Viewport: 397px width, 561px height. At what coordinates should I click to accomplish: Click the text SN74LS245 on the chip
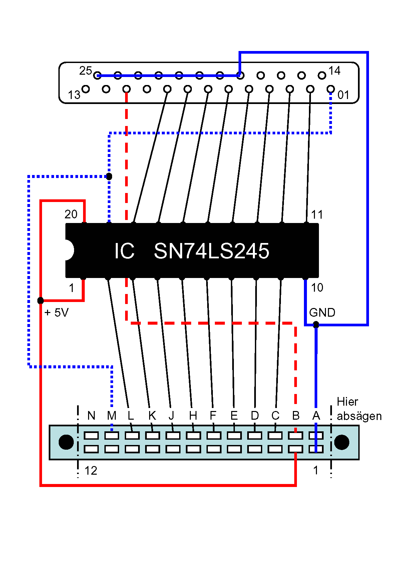coord(211,251)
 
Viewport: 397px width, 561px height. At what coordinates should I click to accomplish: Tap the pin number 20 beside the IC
coord(71,214)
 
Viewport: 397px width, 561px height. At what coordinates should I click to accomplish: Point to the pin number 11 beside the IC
coord(317,215)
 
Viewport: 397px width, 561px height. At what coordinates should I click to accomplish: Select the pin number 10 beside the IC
coord(317,287)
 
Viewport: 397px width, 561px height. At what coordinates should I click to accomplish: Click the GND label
coord(322,313)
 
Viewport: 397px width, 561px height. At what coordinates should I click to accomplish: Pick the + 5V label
coord(56,313)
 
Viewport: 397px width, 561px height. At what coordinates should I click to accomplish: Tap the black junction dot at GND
coord(316,325)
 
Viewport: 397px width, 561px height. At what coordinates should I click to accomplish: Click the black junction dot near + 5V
coord(40,301)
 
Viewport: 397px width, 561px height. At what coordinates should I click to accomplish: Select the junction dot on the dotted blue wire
coord(109,176)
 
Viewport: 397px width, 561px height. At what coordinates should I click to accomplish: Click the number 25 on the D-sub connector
coord(85,71)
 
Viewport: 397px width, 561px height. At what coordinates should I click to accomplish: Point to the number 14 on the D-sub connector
coord(334,71)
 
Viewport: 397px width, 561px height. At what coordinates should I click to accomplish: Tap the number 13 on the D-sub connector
coord(74,95)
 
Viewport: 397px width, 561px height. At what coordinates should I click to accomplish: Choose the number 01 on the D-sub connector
coord(343,95)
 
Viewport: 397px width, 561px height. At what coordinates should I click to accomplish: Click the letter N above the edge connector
coord(91,416)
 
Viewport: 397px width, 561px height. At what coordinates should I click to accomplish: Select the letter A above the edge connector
coord(316,416)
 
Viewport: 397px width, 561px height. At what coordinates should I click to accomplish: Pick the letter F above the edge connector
coord(213,416)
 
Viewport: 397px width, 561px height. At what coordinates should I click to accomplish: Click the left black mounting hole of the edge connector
coord(66,442)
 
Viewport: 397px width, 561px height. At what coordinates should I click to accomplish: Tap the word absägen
coord(359,416)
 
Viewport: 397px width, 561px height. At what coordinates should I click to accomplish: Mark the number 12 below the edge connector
coord(91,471)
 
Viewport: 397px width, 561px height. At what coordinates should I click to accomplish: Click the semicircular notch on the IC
coord(69,250)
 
